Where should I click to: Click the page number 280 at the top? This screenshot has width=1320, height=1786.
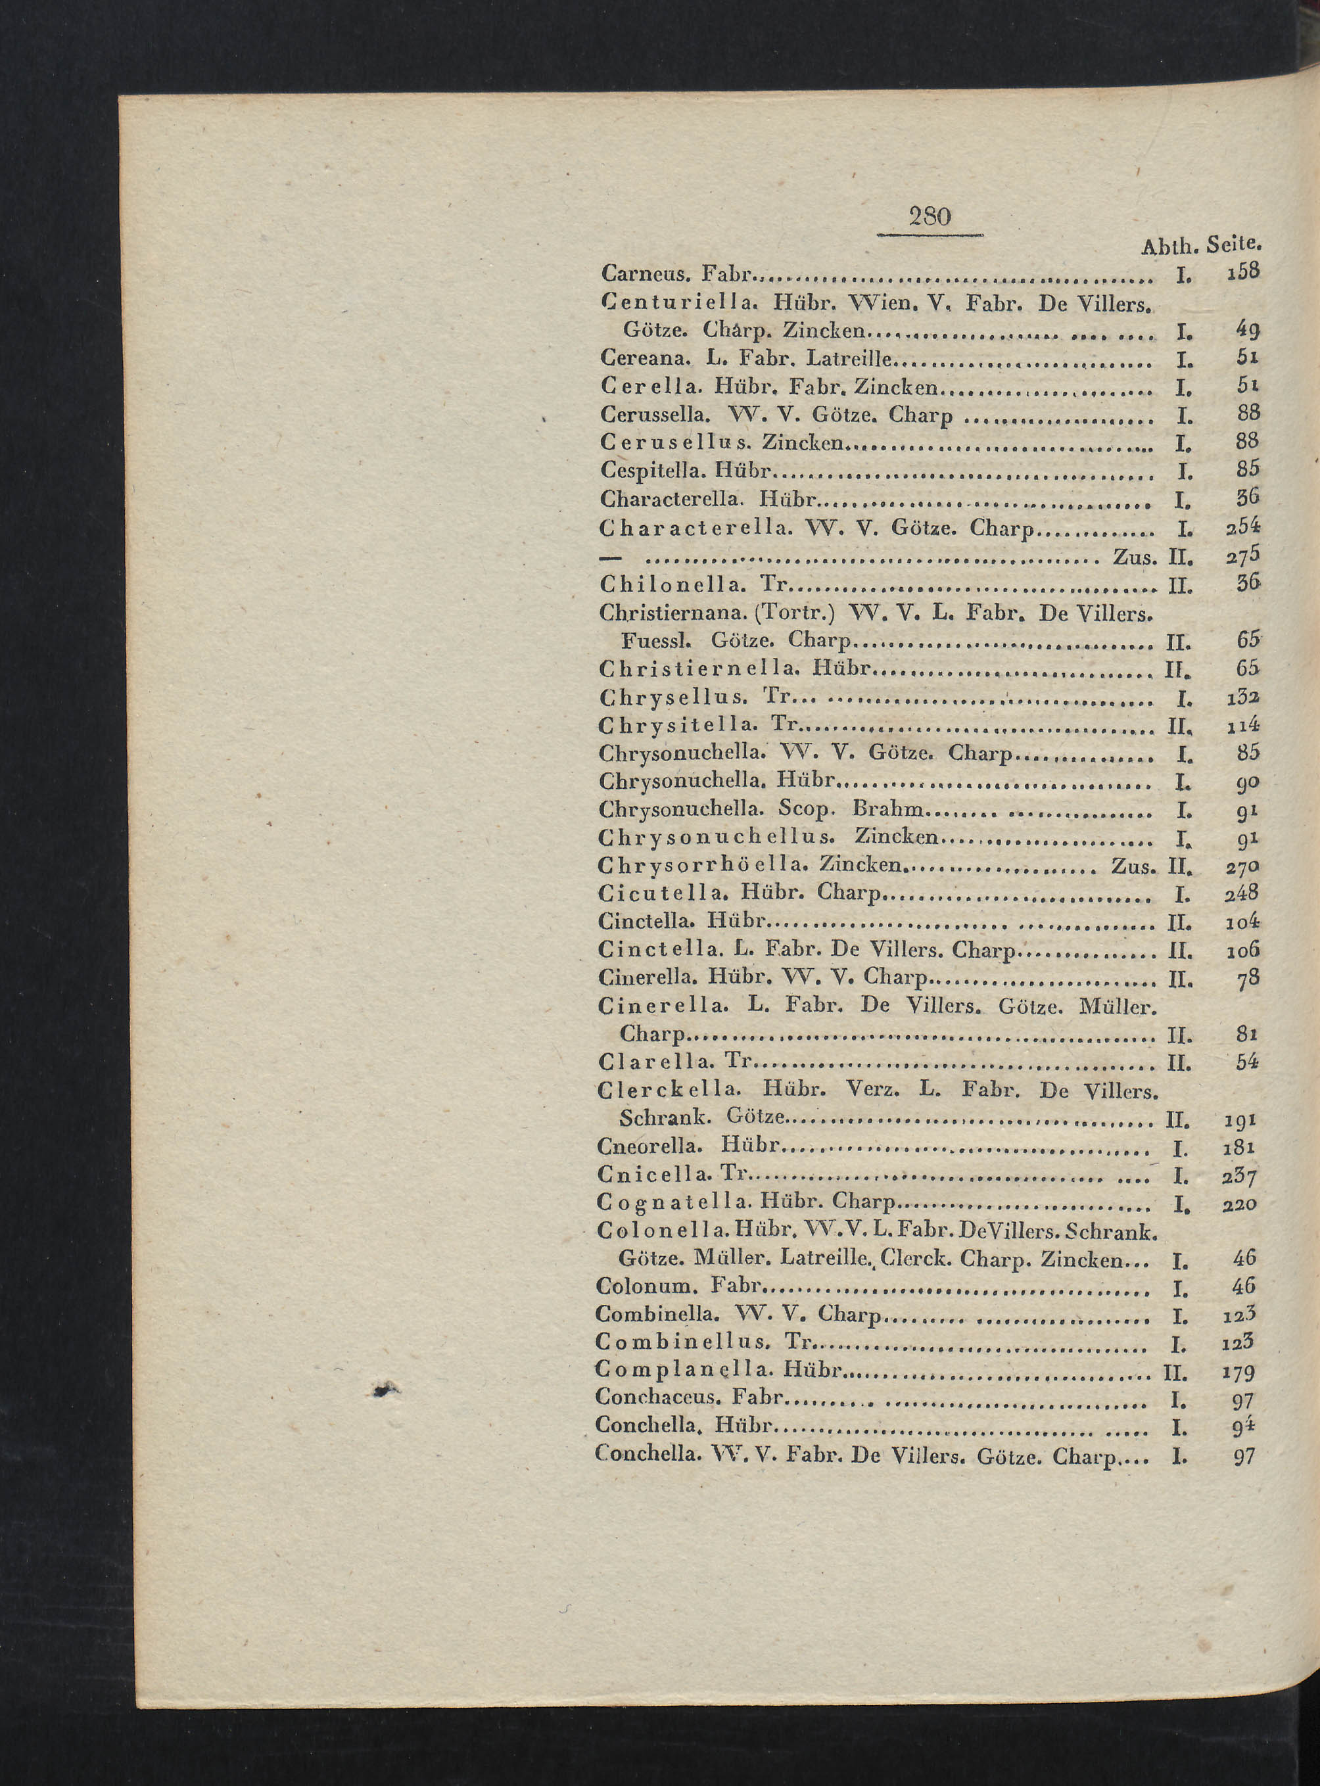click(x=930, y=216)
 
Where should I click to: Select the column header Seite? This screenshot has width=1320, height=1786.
click(x=1235, y=244)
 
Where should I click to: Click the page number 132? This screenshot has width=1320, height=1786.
click(x=1242, y=697)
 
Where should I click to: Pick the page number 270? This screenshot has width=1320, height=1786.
click(x=1242, y=866)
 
